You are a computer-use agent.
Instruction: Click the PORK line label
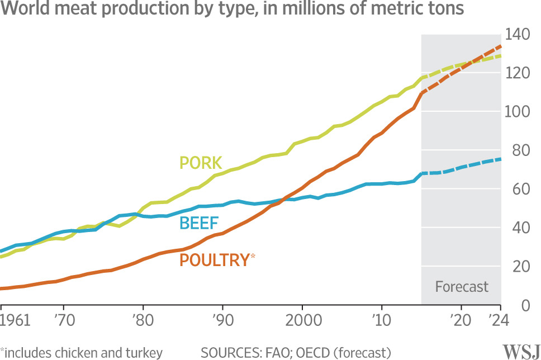201,163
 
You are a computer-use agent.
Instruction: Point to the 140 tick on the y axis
517,34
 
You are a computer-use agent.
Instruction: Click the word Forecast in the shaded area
462,287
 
